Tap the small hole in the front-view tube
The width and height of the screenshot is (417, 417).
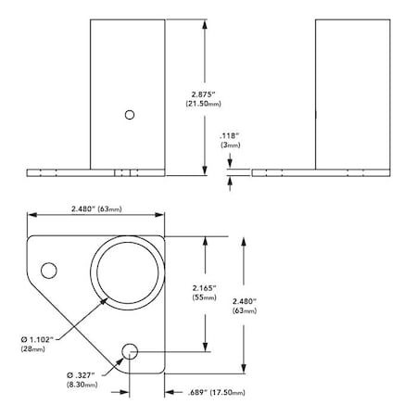(x=130, y=114)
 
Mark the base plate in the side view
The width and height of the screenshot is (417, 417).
(x=320, y=172)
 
